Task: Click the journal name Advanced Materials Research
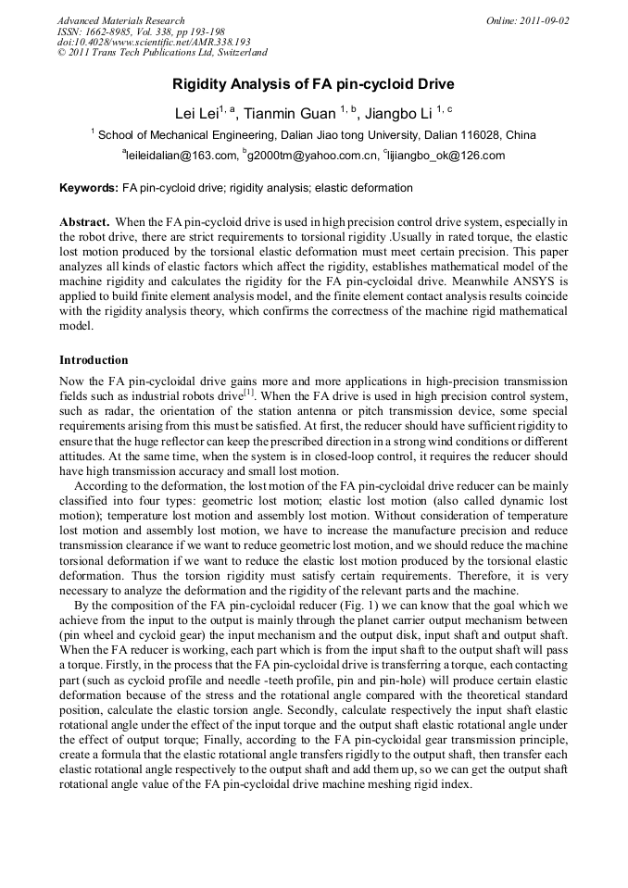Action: [120, 20]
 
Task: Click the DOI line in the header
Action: [154, 43]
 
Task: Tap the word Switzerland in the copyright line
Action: [236, 54]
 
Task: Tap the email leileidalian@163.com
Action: [181, 156]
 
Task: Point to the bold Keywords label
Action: [89, 188]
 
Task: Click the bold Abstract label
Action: [85, 223]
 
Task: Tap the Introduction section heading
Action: [94, 360]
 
